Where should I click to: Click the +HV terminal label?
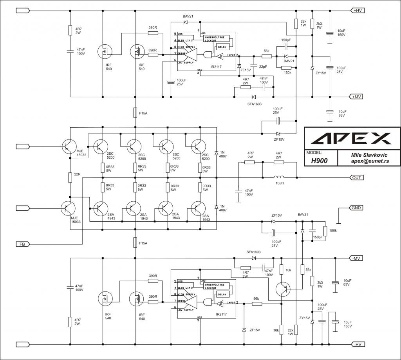point(357,11)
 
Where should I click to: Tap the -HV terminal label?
point(357,344)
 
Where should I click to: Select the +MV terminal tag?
point(356,97)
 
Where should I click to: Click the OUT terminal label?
point(356,177)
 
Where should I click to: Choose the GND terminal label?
point(356,208)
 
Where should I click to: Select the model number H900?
point(319,161)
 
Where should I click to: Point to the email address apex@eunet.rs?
point(369,161)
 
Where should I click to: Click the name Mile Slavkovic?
point(369,155)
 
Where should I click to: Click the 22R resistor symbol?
point(70,177)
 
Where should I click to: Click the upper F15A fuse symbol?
point(135,112)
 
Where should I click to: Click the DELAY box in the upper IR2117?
point(222,47)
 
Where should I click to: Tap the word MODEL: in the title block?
point(314,153)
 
